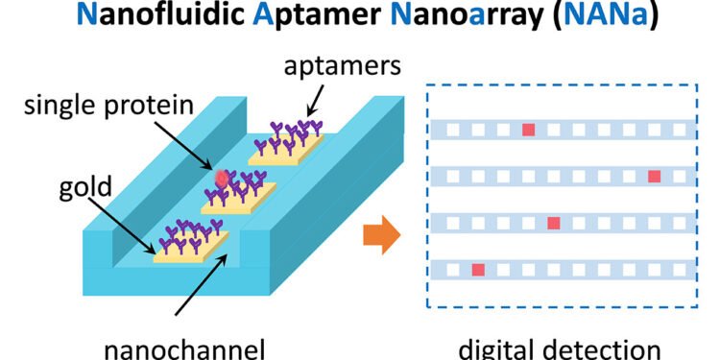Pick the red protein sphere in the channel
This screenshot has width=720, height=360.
click(223, 179)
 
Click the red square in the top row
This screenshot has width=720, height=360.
click(528, 129)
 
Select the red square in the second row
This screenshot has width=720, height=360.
click(655, 176)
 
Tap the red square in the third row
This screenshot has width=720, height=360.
click(553, 223)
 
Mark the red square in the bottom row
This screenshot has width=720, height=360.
click(478, 270)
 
